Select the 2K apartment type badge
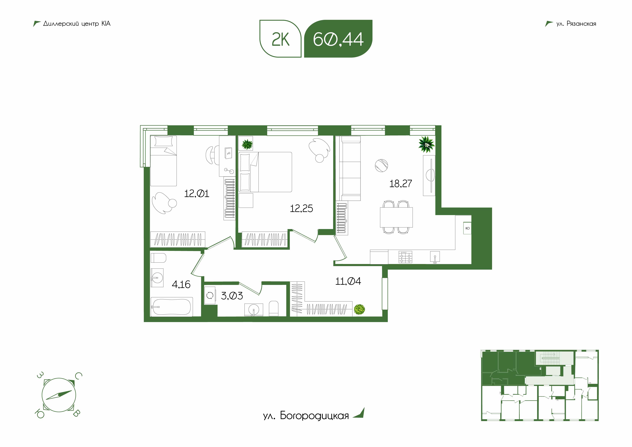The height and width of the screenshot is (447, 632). pos(281,39)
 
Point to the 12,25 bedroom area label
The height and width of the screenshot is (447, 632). pos(301,208)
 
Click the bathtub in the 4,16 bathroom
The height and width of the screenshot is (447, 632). pos(172,307)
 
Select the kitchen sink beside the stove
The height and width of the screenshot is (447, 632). pos(435,257)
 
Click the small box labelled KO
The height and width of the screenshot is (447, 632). pos(467,228)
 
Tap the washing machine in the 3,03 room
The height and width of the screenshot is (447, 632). pos(210,296)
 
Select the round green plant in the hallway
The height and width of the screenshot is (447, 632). pos(359,309)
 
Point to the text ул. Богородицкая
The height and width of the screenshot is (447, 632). pos(306,416)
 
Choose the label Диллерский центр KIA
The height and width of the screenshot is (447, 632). pos(77,24)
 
